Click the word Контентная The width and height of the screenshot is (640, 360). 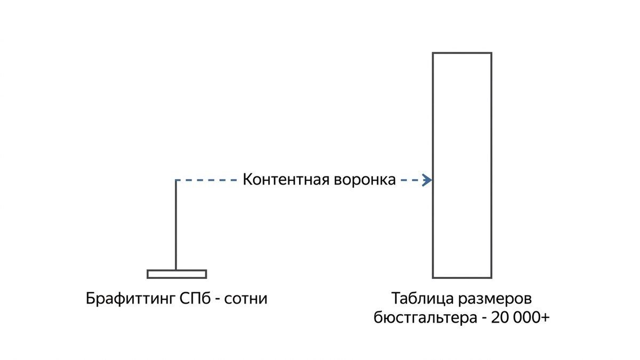pyautogui.click(x=285, y=179)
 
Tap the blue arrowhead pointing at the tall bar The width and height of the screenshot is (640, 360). pyautogui.click(x=427, y=180)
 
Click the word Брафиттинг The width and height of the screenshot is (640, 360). pyautogui.click(x=130, y=299)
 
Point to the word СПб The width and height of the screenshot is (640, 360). pyautogui.click(x=195, y=299)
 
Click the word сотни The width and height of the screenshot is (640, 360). pyautogui.click(x=246, y=299)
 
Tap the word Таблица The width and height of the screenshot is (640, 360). pyautogui.click(x=422, y=299)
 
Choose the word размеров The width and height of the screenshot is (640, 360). pyautogui.click(x=495, y=300)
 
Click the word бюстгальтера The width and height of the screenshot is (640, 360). pyautogui.click(x=426, y=318)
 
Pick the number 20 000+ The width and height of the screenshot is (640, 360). pyautogui.click(x=521, y=318)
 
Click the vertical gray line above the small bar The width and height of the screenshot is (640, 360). pyautogui.click(x=175, y=225)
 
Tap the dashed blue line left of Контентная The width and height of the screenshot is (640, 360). pyautogui.click(x=206, y=180)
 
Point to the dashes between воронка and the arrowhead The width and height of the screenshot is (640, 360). pyautogui.click(x=411, y=180)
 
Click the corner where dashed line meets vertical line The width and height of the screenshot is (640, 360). pyautogui.click(x=175, y=180)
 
